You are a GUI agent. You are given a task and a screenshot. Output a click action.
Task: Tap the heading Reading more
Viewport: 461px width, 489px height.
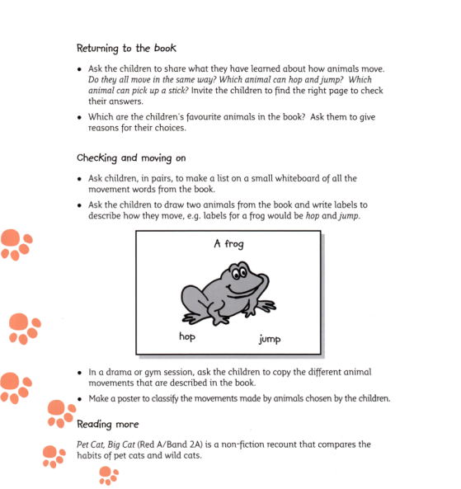coord(109,425)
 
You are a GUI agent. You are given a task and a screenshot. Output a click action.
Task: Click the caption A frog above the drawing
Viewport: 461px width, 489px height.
coord(228,244)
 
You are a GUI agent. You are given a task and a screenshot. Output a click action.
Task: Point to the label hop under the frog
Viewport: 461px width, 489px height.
coord(188,336)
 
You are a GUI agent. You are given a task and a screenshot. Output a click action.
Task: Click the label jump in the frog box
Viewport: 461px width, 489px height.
coord(270,339)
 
